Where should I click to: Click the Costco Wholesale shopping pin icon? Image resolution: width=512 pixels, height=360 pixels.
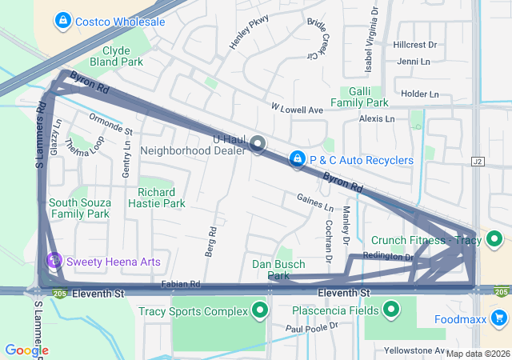point(62,20)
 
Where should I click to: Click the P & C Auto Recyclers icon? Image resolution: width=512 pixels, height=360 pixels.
point(297,159)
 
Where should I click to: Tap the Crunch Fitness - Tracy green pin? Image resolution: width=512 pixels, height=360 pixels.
point(494,239)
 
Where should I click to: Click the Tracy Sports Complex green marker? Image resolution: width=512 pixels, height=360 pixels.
point(258,310)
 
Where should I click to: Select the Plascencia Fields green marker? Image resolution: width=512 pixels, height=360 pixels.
point(392,310)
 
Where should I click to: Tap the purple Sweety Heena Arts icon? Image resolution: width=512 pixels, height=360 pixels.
point(54,261)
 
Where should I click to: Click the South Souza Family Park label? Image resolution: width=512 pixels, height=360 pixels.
point(78,208)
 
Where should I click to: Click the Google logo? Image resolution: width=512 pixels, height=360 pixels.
point(26,350)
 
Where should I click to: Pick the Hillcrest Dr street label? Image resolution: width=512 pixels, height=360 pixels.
point(414,46)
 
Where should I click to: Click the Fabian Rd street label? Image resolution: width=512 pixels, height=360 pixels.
point(180,284)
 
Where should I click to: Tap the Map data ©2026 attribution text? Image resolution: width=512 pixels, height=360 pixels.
point(477,354)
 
